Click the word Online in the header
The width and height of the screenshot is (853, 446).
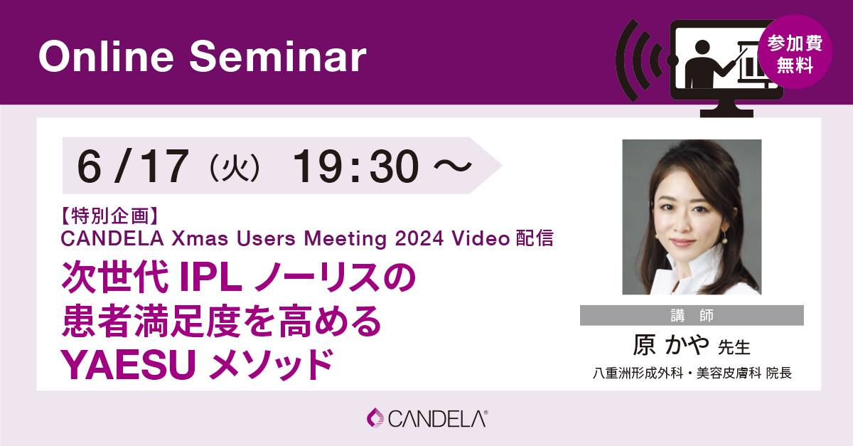pyautogui.click(x=106, y=56)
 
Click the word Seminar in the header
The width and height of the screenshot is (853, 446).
pyautogui.click(x=278, y=56)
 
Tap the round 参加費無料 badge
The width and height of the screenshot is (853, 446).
pyautogui.click(x=795, y=52)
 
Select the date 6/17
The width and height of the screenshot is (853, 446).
pyautogui.click(x=133, y=166)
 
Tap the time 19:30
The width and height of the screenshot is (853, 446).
pyautogui.click(x=355, y=166)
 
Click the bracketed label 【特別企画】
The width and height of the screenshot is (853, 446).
pyautogui.click(x=109, y=216)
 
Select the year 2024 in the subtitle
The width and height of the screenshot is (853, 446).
pyautogui.click(x=419, y=238)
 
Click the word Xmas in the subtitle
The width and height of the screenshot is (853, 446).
pyautogui.click(x=200, y=238)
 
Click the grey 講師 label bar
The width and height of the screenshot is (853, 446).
pyautogui.click(x=692, y=315)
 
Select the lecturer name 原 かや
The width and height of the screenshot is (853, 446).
pyautogui.click(x=671, y=345)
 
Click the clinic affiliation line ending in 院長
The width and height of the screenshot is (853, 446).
pyautogui.click(x=692, y=373)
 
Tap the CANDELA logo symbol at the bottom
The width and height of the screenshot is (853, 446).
pyautogui.click(x=376, y=418)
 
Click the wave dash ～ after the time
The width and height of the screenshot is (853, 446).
pyautogui.click(x=453, y=166)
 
